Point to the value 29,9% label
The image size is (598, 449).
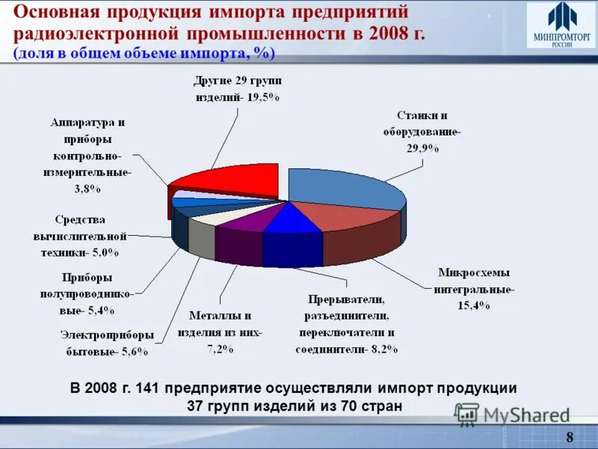pos(422,148)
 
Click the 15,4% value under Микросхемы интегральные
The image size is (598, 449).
pos(474,305)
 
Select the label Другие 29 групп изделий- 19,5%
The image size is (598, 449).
pos(236,88)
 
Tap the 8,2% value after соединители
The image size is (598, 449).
pos(384,349)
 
